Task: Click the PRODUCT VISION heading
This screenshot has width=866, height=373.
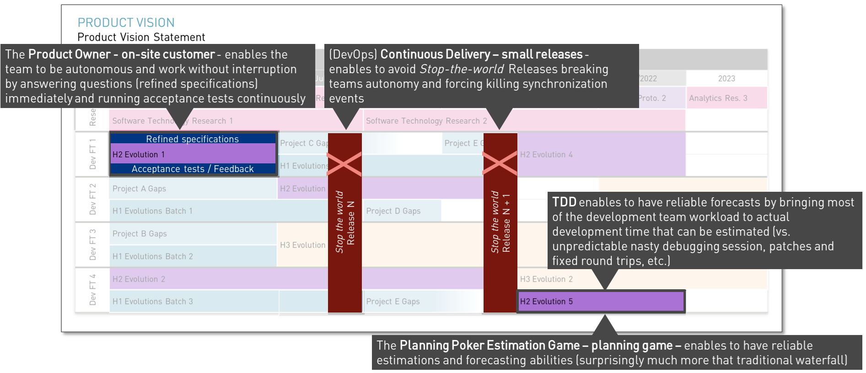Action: pos(126,22)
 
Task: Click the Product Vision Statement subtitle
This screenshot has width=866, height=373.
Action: pos(141,37)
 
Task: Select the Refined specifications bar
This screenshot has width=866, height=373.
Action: pos(192,139)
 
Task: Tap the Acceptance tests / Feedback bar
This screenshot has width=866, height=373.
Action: pos(192,169)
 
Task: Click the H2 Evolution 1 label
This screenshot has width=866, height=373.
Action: pos(139,155)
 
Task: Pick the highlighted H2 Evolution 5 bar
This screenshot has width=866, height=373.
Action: pos(601,302)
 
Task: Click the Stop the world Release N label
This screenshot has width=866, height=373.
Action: pos(345,222)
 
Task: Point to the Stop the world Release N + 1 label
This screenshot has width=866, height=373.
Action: pos(500,222)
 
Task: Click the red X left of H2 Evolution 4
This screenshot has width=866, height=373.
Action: pos(500,163)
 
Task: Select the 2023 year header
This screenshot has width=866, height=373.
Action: pos(726,79)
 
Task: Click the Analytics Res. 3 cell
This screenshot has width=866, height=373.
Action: pos(718,98)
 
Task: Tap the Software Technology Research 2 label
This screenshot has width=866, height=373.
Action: pos(426,121)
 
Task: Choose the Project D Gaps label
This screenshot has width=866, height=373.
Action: pos(393,211)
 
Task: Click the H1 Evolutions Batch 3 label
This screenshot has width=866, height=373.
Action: pos(153,302)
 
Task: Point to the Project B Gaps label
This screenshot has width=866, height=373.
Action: pos(140,234)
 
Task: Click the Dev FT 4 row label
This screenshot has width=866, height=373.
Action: pos(93,290)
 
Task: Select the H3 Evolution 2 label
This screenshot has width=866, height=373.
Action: pos(546,279)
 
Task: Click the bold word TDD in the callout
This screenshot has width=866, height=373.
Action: pos(564,202)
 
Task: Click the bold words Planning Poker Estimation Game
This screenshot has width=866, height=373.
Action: pos(489,346)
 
